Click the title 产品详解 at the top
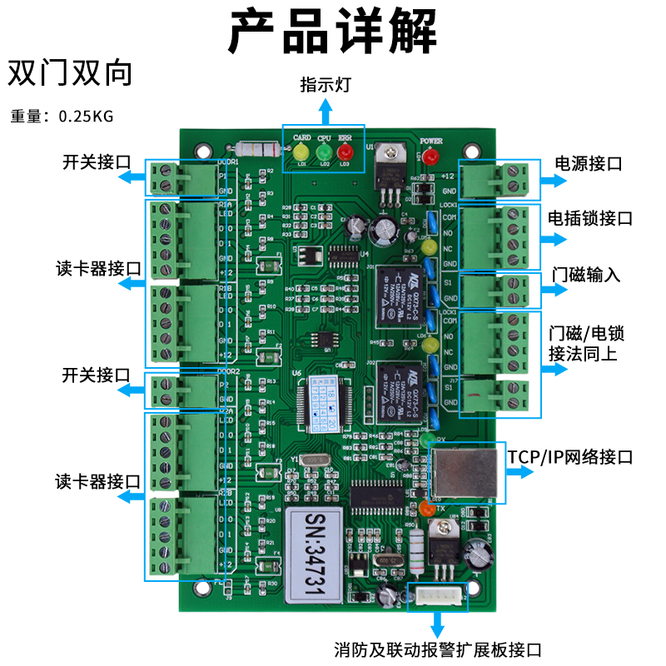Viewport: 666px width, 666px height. point(333,32)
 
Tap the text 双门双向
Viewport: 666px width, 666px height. point(70,74)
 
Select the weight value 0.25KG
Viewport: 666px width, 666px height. point(86,117)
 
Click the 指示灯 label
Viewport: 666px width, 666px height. point(326,85)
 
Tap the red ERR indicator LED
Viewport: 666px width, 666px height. point(345,152)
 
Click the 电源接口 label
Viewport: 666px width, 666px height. point(589,163)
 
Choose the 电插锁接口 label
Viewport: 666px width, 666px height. point(590,218)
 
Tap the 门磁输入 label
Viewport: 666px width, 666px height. point(586,275)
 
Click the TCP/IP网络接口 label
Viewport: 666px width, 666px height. point(570,457)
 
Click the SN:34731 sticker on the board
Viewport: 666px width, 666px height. point(313,554)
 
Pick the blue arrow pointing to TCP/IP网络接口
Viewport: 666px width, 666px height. point(522,472)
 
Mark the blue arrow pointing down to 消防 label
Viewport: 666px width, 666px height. point(439,623)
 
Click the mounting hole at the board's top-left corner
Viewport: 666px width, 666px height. point(201,151)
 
